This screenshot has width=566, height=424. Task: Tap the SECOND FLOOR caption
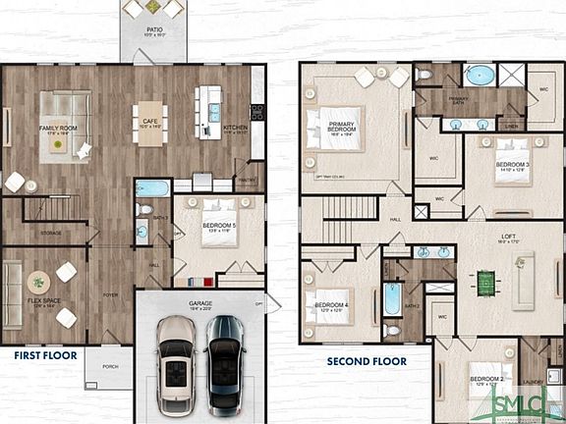pos(367,361)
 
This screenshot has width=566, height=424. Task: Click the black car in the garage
pos(223,363)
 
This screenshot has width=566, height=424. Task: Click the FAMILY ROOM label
pos(59,128)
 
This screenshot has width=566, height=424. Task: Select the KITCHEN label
pos(236,128)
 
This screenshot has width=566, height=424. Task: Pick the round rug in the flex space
pos(39,281)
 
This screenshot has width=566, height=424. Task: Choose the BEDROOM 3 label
pos(512,165)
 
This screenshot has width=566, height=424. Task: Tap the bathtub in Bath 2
pos(392,299)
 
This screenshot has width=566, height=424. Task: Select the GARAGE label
pos(200,304)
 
